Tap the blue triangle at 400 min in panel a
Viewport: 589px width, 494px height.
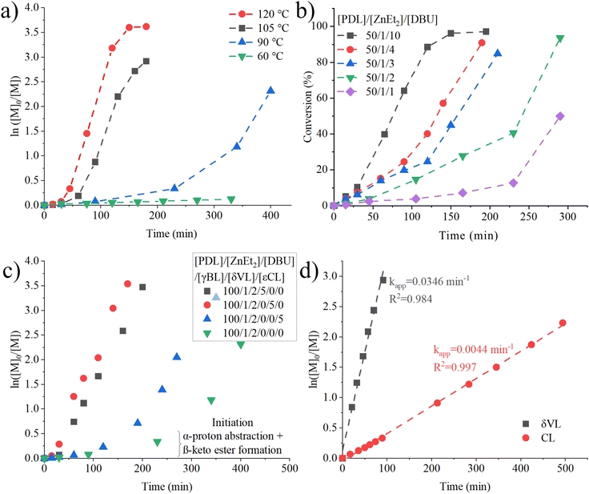[270, 90]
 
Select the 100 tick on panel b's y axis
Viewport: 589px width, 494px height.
[321, 26]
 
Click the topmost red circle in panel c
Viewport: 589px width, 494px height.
[127, 284]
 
